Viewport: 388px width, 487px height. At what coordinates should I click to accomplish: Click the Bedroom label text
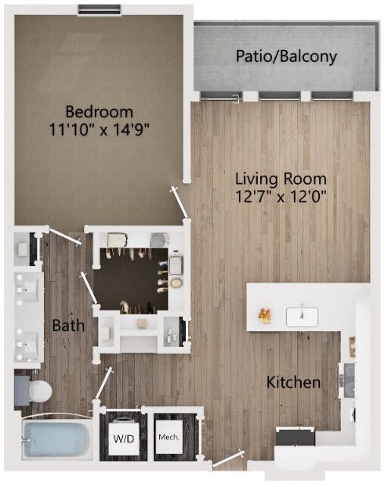pyautogui.click(x=100, y=112)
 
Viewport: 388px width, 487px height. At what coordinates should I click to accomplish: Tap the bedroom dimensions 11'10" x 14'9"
pyautogui.click(x=100, y=129)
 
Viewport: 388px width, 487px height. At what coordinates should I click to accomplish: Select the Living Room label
pyautogui.click(x=281, y=179)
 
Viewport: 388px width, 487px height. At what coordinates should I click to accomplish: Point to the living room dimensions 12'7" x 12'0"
pyautogui.click(x=281, y=197)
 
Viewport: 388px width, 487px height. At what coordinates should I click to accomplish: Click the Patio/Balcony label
pyautogui.click(x=286, y=56)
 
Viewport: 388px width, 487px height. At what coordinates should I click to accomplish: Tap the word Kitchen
pyautogui.click(x=293, y=382)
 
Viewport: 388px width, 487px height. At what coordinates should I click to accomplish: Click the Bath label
pyautogui.click(x=68, y=326)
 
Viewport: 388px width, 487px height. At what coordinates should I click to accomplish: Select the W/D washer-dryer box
pyautogui.click(x=124, y=438)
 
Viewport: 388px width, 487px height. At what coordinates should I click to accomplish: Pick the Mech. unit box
pyautogui.click(x=169, y=437)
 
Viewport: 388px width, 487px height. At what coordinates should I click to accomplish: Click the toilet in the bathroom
pyautogui.click(x=34, y=391)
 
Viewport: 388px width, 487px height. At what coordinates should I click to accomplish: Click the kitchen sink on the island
pyautogui.click(x=302, y=317)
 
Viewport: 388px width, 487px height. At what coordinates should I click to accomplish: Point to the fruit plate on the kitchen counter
pyautogui.click(x=265, y=316)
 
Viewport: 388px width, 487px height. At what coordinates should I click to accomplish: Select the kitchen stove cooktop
pyautogui.click(x=348, y=381)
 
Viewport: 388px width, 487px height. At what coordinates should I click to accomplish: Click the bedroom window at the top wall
pyautogui.click(x=99, y=10)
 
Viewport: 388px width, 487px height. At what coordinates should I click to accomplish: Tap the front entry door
pyautogui.click(x=228, y=459)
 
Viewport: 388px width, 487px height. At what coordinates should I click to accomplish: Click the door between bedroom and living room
pyautogui.click(x=180, y=203)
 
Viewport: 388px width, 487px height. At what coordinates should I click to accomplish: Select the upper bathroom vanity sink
pyautogui.click(x=27, y=290)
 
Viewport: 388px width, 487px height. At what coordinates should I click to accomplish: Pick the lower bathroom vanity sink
pyautogui.click(x=27, y=345)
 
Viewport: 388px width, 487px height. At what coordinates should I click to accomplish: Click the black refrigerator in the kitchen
pyautogui.click(x=296, y=437)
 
